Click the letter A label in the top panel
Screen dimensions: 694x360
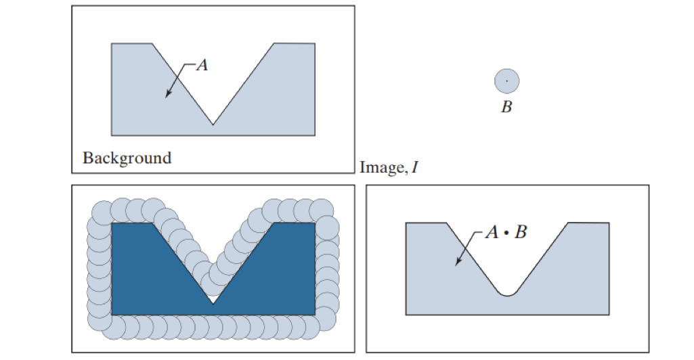click(x=202, y=65)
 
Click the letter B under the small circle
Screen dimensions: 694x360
click(x=506, y=107)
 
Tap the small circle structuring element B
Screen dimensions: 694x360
click(x=506, y=81)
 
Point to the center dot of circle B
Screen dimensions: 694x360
click(x=506, y=81)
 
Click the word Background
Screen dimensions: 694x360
click(x=127, y=158)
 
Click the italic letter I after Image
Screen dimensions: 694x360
click(x=415, y=166)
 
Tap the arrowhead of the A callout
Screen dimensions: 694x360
click(x=168, y=94)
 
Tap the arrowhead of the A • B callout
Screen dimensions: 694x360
click(x=458, y=262)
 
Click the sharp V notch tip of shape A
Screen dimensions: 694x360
click(x=213, y=125)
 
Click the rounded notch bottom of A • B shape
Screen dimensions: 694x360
click(x=507, y=295)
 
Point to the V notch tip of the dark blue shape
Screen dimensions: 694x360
click(x=213, y=304)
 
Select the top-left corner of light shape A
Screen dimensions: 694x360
click(x=112, y=43)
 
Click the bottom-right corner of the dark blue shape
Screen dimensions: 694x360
click(x=315, y=315)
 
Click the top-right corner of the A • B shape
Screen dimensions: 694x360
click(x=609, y=223)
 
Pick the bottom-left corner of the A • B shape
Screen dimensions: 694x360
click(x=406, y=315)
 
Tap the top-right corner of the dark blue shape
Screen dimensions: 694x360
click(x=315, y=223)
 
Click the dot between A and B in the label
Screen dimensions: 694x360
click(x=506, y=233)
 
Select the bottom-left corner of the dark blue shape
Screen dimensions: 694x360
click(x=112, y=315)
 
